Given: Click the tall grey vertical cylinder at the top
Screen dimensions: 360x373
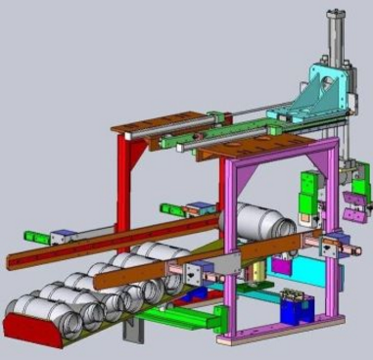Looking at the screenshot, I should click(x=335, y=39).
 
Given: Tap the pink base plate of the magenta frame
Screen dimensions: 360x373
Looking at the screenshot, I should click(x=284, y=331).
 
